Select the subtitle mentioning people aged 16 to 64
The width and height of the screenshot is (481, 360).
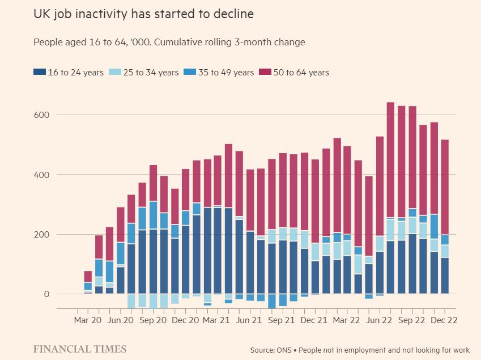[x=169, y=43]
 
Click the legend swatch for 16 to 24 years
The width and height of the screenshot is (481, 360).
[x=40, y=73]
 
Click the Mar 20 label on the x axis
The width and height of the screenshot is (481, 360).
[x=88, y=320]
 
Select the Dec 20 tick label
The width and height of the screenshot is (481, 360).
[x=186, y=320]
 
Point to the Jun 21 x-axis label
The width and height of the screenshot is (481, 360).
[x=250, y=320]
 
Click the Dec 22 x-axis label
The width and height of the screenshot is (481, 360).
[x=445, y=320]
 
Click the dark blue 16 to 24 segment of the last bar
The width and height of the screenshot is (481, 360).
[x=445, y=276]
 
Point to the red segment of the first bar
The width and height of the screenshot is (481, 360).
[x=88, y=277]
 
